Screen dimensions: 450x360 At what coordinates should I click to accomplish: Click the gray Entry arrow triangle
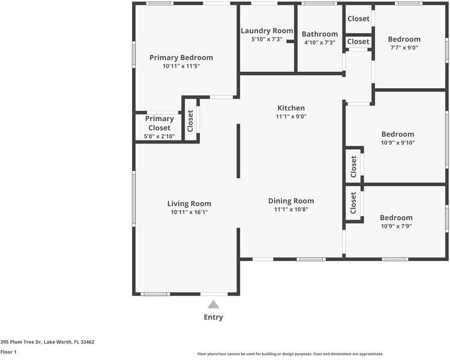(213, 304)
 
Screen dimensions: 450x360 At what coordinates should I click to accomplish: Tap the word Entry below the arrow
(213, 317)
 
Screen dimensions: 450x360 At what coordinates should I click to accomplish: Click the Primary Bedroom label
(181, 58)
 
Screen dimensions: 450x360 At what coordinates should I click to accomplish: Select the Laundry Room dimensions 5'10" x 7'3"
(267, 39)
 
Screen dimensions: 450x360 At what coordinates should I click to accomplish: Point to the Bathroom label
(320, 34)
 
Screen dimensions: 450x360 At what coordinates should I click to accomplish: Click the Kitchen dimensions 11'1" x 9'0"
(291, 116)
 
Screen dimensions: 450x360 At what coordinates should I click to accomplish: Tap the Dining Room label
(291, 200)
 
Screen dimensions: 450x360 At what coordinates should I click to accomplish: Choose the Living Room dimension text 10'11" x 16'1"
(189, 212)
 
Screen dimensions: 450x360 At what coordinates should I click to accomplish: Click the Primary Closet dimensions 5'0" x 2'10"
(159, 136)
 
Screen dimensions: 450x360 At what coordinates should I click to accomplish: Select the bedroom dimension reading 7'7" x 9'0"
(404, 47)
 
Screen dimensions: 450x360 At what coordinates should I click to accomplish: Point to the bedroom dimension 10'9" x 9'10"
(398, 143)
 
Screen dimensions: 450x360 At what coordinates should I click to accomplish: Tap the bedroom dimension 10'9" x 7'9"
(397, 226)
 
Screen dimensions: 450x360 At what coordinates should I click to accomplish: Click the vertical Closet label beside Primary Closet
(190, 121)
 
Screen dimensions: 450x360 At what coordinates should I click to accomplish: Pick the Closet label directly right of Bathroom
(358, 41)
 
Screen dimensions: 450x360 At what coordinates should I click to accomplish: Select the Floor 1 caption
(8, 352)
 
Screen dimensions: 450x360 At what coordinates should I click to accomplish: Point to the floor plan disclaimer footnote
(290, 354)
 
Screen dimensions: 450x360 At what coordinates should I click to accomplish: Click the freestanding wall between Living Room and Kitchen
(238, 151)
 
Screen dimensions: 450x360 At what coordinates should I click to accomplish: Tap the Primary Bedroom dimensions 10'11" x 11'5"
(181, 66)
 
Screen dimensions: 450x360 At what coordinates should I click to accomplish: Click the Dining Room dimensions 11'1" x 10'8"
(291, 209)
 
